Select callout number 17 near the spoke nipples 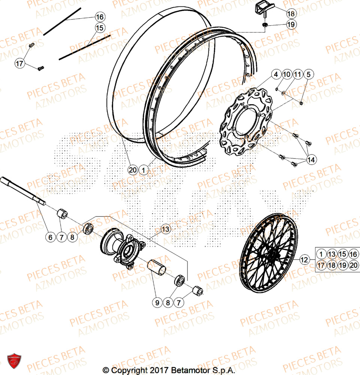(19, 64)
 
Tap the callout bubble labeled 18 (291, 13)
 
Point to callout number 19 (291, 24)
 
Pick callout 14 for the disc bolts (311, 160)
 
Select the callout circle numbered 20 (132, 170)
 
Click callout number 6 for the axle (49, 237)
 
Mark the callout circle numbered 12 (304, 259)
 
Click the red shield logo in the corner (14, 361)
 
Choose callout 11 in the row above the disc (297, 74)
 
